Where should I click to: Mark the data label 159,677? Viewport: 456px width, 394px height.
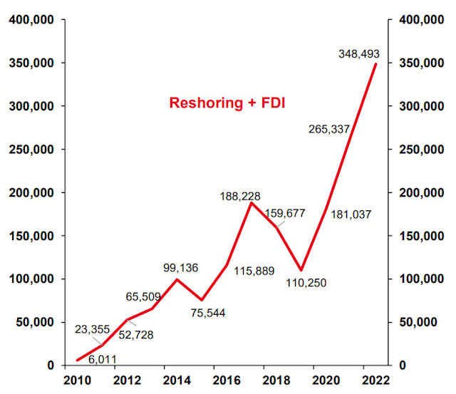289,212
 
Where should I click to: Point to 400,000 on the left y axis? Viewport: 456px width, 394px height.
32,20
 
